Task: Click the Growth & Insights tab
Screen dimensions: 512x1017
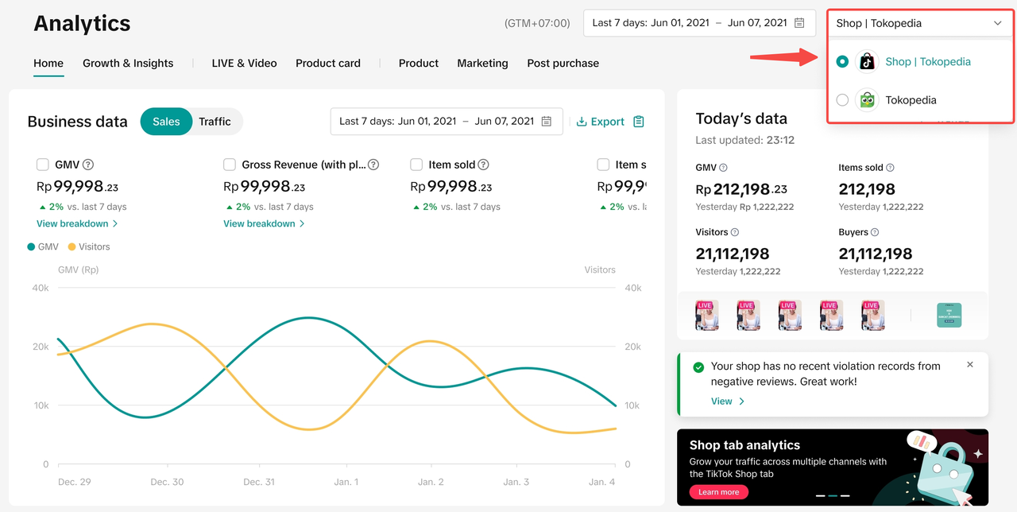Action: [x=128, y=63]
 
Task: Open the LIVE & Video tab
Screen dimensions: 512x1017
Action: [x=244, y=63]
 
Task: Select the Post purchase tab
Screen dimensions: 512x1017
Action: [x=563, y=63]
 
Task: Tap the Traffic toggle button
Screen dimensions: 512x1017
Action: [x=215, y=122]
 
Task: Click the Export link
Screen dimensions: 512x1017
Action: [x=601, y=122]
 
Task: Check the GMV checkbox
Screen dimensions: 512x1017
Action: [x=43, y=165]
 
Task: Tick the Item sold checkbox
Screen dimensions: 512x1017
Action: [x=416, y=165]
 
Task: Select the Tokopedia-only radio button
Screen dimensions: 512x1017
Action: [x=842, y=100]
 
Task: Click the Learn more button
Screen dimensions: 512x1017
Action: [x=718, y=492]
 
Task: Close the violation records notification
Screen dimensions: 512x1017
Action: [x=970, y=365]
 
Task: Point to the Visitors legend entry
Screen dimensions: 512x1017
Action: [x=89, y=246]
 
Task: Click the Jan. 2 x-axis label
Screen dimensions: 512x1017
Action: [x=431, y=482]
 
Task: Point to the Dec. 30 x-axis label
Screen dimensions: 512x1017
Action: [x=167, y=482]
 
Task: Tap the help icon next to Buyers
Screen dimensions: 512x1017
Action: [x=875, y=232]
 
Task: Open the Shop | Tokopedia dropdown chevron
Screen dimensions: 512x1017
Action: [x=998, y=23]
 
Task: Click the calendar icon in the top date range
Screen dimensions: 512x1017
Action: [x=799, y=23]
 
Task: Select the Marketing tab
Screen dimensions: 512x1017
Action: [x=482, y=63]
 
